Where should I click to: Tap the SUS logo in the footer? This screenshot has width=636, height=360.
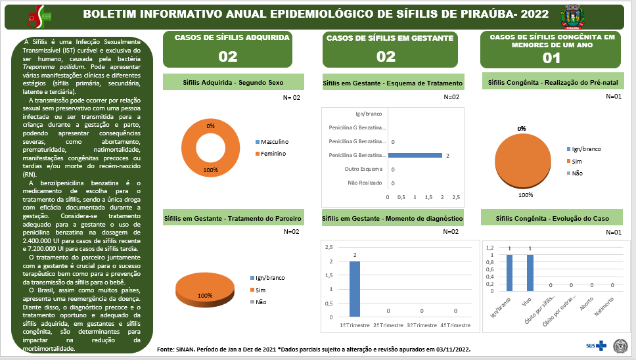(x=594, y=346)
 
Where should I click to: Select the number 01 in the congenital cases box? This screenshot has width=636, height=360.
(x=551, y=57)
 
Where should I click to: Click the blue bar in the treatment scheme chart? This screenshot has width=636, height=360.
(x=415, y=155)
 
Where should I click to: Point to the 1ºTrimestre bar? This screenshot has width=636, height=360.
(x=354, y=289)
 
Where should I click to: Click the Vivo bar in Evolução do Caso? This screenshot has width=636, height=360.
(x=530, y=273)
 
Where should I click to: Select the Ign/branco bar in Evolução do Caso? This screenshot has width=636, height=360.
(x=509, y=273)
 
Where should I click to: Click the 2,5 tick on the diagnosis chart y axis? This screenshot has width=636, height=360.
(x=330, y=247)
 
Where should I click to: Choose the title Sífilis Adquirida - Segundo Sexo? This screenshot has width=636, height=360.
(x=233, y=83)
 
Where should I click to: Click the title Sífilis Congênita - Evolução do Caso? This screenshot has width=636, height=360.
(x=552, y=218)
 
